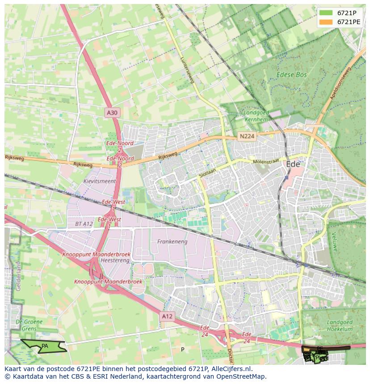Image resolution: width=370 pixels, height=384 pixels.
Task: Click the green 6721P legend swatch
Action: pos(326,13)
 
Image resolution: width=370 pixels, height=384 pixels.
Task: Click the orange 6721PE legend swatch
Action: pos(326,22)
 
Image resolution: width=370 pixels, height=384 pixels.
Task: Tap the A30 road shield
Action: pos(112,113)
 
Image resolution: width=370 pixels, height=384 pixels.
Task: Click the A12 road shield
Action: pos(167,316)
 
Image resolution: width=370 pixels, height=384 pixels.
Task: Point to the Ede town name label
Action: pos(293,164)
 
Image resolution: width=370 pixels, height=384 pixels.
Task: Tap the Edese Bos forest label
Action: pos(291,75)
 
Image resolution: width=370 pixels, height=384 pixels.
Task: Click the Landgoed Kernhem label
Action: pos(256,116)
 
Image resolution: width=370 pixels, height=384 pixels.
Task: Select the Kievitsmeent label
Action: pos(99,182)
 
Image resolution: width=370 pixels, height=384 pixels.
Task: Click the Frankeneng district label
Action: pos(172,242)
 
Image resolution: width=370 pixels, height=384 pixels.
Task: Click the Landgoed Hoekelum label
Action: pos(340,326)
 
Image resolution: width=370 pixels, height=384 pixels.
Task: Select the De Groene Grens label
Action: pos(29,325)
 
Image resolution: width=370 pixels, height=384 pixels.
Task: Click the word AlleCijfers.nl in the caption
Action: pos(230,369)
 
